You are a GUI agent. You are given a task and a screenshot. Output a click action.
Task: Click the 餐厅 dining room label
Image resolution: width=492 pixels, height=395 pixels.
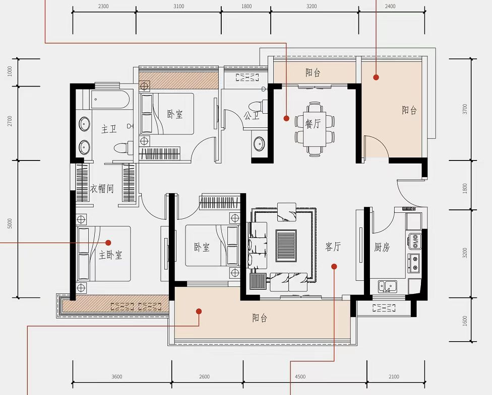pos(313,124)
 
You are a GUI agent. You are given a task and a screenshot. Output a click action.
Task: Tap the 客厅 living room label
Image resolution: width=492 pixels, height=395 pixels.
pos(333,247)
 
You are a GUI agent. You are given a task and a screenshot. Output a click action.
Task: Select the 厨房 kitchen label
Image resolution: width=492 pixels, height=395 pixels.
pos(382,248)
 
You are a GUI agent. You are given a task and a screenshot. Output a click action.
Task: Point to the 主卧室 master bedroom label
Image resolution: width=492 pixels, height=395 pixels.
pos(110,255)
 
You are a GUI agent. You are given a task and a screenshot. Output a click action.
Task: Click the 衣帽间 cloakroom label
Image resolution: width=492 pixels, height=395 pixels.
pos(102,189)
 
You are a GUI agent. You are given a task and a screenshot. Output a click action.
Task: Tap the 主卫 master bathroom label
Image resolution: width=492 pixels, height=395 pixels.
pos(109,129)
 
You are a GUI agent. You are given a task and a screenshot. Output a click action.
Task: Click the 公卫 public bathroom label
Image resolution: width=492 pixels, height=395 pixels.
pos(252,116)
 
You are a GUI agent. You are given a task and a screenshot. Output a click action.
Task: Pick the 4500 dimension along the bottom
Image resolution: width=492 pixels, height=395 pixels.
pos(300,376)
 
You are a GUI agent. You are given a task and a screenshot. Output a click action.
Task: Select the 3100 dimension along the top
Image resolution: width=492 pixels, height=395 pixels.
pos(178,6)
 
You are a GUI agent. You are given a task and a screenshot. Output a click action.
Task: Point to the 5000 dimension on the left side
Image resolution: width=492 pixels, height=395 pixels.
pos(10,223)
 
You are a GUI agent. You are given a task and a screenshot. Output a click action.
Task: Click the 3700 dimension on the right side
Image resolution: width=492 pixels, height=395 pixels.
pos(465,109)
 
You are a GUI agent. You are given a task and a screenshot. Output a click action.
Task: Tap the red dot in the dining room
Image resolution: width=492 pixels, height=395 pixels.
pos(286,118)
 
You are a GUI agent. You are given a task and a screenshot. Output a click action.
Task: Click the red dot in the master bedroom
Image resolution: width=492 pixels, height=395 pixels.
pos(108,243)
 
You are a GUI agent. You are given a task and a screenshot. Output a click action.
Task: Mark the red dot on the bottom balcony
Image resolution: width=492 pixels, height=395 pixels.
pos(199,311)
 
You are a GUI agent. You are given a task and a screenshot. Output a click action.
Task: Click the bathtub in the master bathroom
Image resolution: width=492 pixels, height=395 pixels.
pos(109,99)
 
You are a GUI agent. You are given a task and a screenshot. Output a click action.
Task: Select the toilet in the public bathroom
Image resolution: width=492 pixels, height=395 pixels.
pos(258,106)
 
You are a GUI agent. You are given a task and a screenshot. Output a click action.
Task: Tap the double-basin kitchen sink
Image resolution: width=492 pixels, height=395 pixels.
pos(387,286)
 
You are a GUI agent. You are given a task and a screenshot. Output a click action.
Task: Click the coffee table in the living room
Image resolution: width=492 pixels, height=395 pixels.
pos(286,246)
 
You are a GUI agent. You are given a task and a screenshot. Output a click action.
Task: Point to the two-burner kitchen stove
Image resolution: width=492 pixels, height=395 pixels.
pos(414,263)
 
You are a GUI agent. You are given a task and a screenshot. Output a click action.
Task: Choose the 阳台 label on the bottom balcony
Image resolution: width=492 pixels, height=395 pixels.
pos(260,318)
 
